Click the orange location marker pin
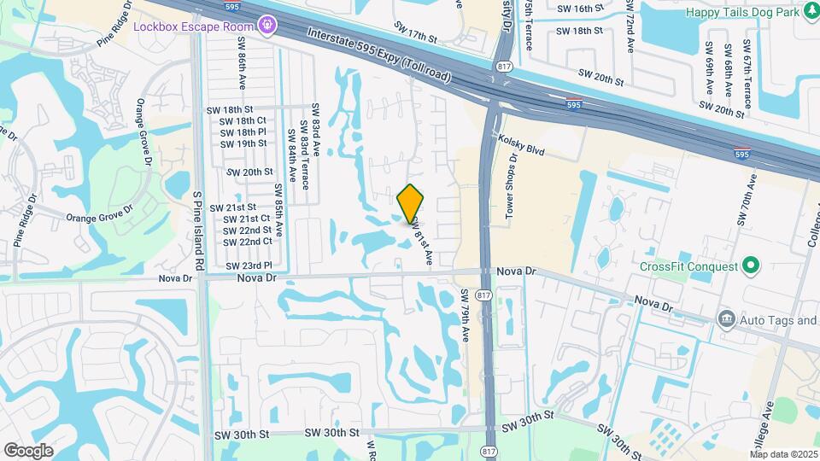pyautogui.click(x=410, y=204)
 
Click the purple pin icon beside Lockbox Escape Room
pyautogui.click(x=268, y=25)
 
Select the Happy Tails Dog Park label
pyautogui.click(x=753, y=11)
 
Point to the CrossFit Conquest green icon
pyautogui.click(x=751, y=266)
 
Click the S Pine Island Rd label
pyautogui.click(x=197, y=231)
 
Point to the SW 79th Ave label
pyautogui.click(x=466, y=315)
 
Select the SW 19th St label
pyautogui.click(x=243, y=143)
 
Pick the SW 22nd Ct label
pyautogui.click(x=248, y=241)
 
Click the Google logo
pyautogui.click(x=29, y=450)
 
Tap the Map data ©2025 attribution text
pyautogui.click(x=784, y=454)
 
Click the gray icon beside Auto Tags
pyautogui.click(x=726, y=319)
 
